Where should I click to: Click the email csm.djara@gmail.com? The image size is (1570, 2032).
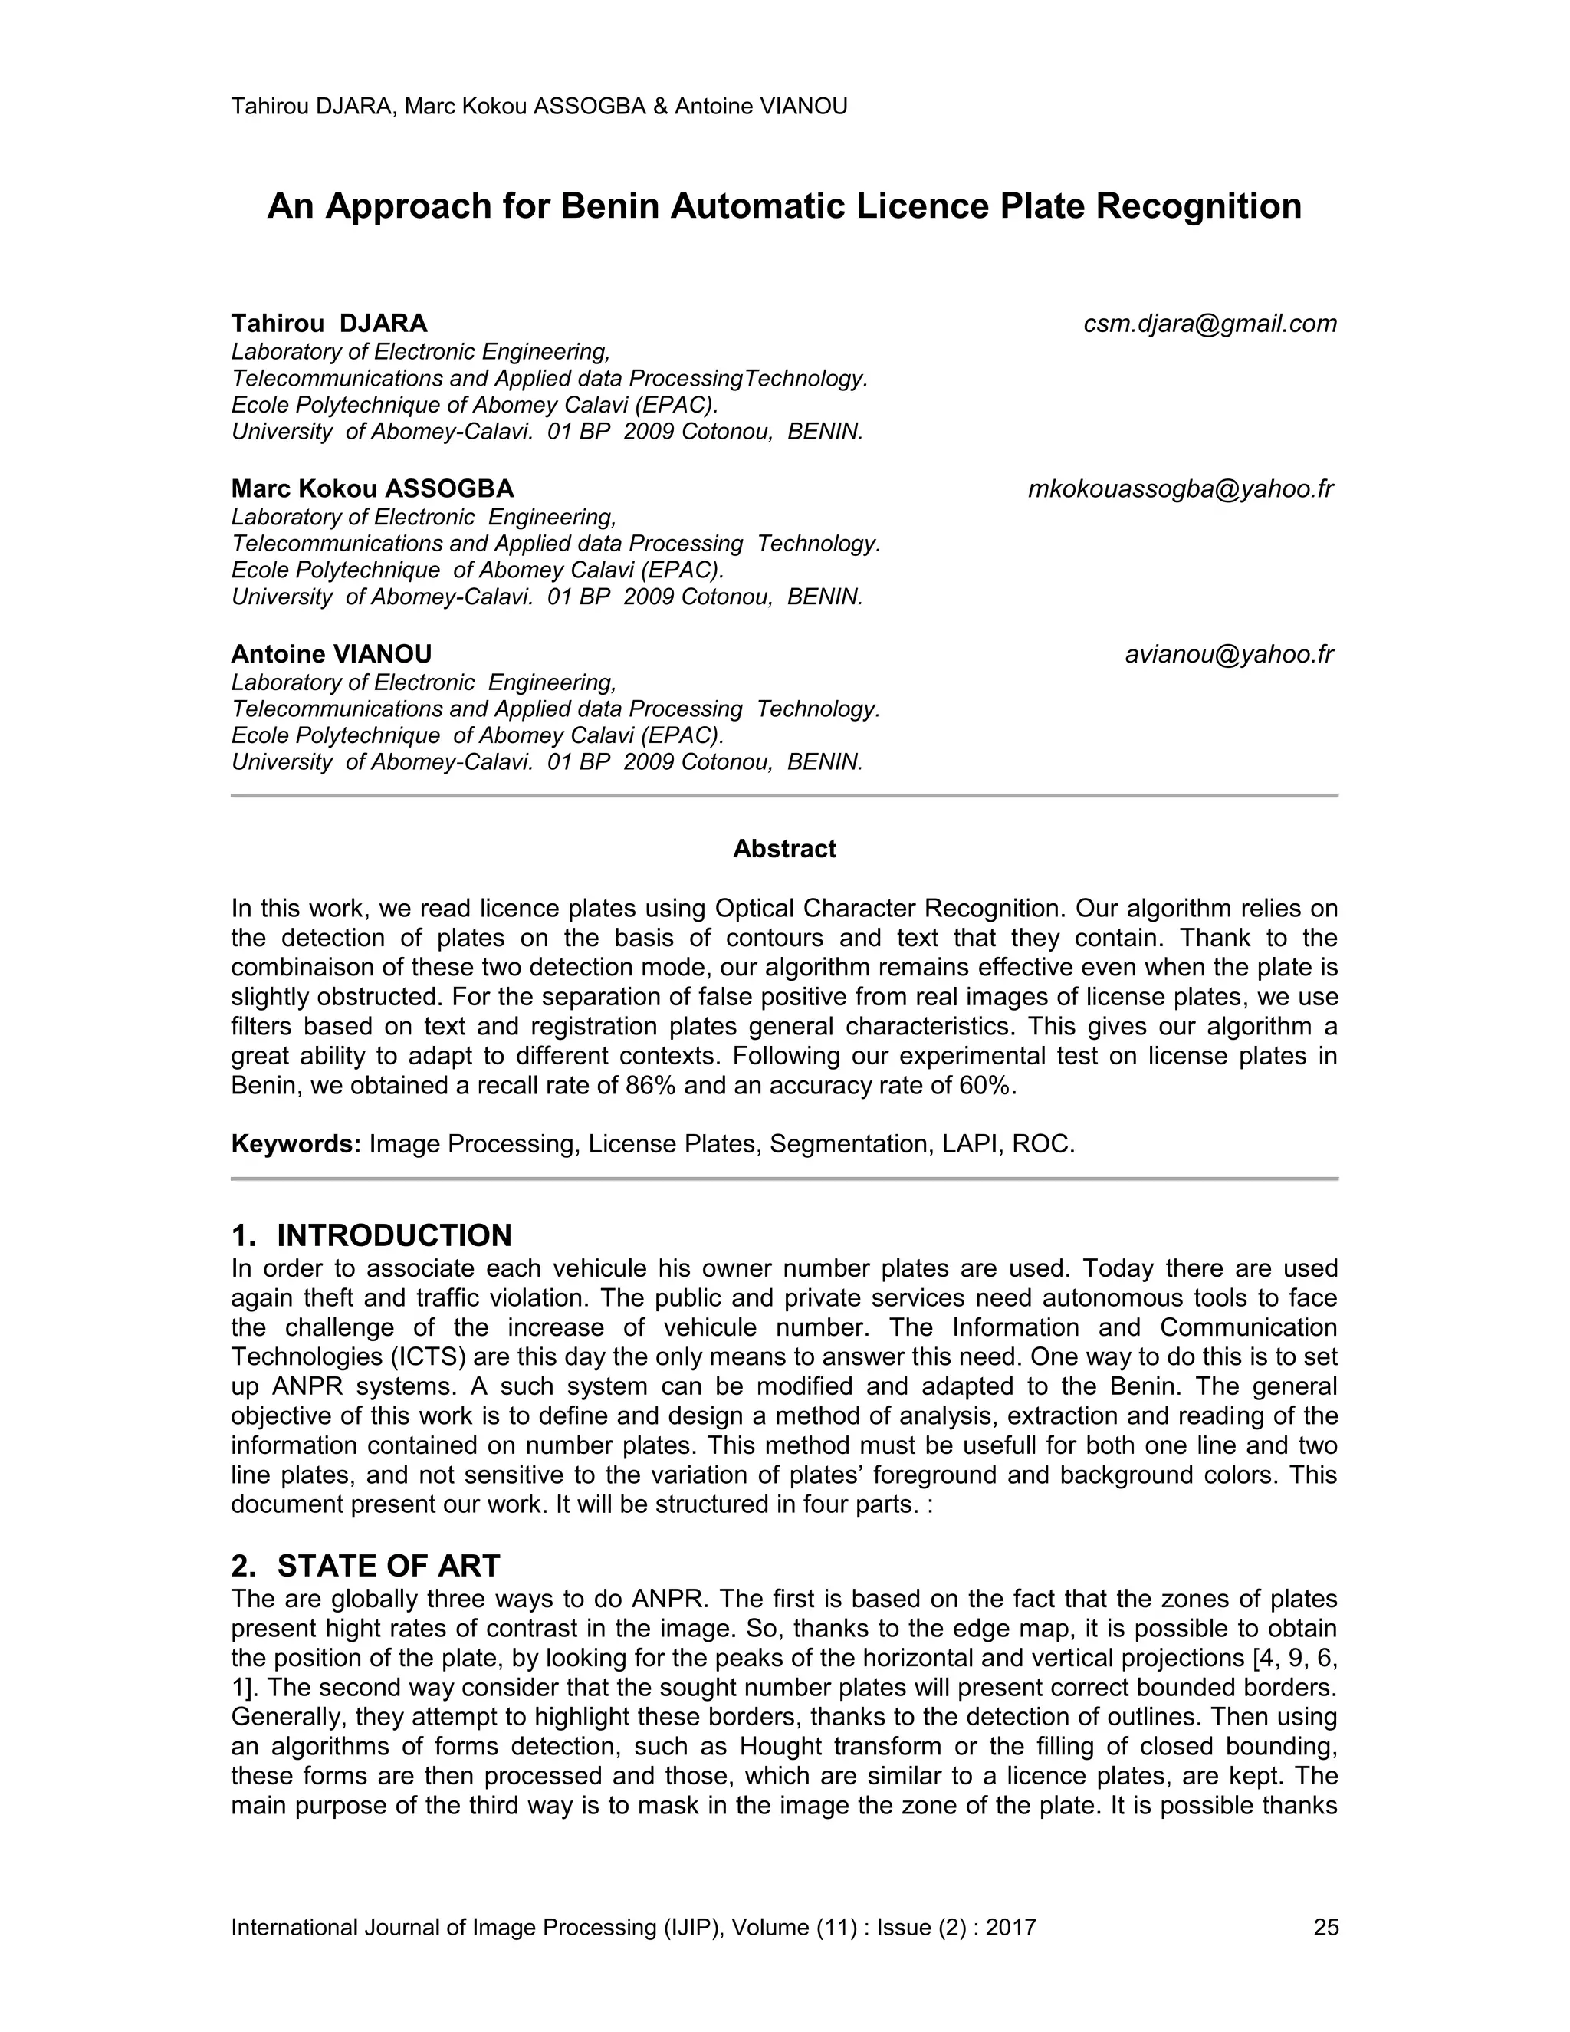[x=1210, y=324]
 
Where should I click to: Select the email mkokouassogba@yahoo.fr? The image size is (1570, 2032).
[x=1181, y=489]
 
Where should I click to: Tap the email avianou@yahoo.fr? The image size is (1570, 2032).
[x=1229, y=654]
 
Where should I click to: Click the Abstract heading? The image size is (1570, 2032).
[x=784, y=849]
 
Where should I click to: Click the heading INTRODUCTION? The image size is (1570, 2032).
[x=394, y=1235]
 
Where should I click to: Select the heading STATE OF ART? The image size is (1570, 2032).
[x=389, y=1566]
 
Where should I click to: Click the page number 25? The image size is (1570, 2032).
[x=1325, y=1927]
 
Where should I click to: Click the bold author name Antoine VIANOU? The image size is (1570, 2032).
[x=331, y=654]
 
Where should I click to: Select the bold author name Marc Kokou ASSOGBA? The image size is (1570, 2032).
[x=372, y=489]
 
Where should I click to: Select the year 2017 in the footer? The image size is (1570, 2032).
[x=1011, y=1927]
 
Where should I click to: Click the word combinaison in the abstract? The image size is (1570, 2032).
[x=304, y=968]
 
